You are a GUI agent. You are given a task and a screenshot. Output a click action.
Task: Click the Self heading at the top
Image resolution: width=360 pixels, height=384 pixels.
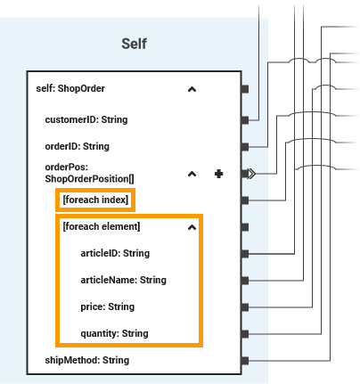(134, 44)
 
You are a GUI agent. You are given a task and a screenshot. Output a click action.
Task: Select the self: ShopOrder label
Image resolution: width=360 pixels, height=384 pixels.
(70, 89)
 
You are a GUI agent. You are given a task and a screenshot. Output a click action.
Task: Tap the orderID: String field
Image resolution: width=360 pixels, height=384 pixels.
(77, 146)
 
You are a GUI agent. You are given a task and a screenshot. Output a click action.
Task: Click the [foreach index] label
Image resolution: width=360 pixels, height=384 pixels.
(96, 200)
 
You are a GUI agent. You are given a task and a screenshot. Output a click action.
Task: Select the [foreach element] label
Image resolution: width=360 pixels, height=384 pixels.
(102, 226)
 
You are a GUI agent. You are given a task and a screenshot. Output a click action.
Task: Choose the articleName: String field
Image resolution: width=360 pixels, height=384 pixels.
(123, 280)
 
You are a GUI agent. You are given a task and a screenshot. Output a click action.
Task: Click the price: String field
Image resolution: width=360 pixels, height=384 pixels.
(107, 306)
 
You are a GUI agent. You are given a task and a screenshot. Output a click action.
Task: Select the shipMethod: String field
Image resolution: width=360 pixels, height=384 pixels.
(86, 360)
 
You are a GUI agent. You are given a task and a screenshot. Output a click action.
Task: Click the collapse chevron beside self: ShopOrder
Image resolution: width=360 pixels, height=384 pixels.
(192, 89)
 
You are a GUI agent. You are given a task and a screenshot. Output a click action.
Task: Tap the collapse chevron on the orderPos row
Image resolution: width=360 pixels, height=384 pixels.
(192, 174)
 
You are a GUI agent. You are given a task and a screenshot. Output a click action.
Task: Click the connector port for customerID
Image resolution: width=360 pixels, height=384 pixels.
(245, 118)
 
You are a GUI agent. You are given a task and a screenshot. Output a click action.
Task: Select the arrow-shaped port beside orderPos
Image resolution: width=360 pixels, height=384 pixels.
(250, 174)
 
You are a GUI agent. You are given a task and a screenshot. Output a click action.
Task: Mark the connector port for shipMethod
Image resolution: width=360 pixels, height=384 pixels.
(245, 360)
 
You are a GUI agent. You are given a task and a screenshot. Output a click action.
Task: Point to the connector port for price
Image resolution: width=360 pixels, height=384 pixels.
(245, 306)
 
